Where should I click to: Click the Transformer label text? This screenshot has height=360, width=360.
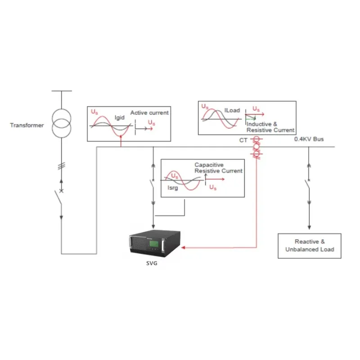[27, 125]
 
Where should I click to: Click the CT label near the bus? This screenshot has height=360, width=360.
[243, 141]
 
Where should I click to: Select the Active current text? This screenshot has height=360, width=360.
[149, 112]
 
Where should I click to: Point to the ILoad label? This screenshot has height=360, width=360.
[232, 109]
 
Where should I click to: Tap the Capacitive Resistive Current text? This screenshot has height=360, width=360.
[218, 168]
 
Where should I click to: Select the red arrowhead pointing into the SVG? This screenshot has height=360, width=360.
[185, 247]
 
